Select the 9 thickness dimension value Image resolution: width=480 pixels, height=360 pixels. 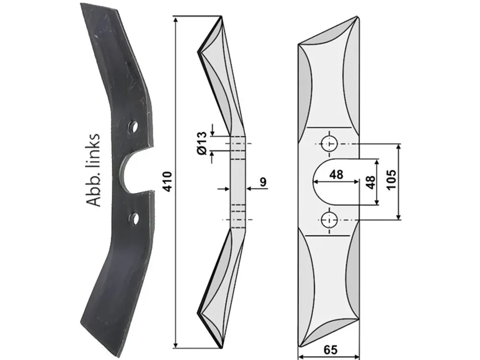pyautogui.click(x=263, y=182)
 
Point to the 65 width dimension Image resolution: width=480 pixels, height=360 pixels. pyautogui.click(x=330, y=350)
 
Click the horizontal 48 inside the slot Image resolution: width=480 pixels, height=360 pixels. pyautogui.click(x=336, y=175)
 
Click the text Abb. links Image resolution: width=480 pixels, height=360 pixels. pyautogui.click(x=93, y=170)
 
